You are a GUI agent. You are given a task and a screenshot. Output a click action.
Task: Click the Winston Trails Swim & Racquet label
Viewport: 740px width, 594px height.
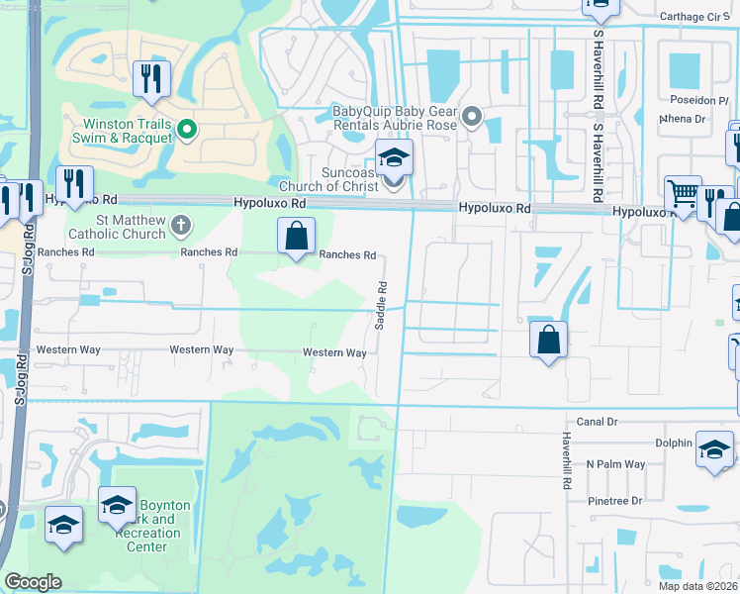119,131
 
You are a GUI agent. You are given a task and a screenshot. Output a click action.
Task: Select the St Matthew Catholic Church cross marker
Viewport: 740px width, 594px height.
180,225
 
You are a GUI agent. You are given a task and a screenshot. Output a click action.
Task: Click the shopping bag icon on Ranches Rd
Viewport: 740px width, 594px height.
296,238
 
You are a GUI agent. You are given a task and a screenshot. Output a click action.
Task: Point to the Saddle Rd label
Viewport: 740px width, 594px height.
381,294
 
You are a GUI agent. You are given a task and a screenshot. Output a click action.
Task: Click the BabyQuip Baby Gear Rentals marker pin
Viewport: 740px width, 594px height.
472,118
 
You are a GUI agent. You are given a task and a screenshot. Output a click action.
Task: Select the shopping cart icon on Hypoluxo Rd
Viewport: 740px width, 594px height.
683,193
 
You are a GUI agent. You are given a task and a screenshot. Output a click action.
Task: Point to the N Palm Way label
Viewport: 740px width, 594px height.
615,464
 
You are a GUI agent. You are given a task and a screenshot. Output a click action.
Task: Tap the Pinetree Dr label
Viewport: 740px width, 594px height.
614,501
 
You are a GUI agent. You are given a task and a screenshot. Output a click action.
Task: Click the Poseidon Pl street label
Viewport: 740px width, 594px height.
691,101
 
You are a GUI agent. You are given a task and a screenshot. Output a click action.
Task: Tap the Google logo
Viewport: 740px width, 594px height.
33,582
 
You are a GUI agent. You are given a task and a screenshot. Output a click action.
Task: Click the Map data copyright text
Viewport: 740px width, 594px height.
698,586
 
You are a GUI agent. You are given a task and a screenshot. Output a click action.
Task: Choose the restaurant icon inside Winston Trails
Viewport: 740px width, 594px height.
151,79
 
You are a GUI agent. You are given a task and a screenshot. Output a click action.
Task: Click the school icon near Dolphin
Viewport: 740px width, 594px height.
714,448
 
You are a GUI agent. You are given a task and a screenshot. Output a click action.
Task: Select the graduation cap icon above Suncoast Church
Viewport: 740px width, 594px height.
394,156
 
